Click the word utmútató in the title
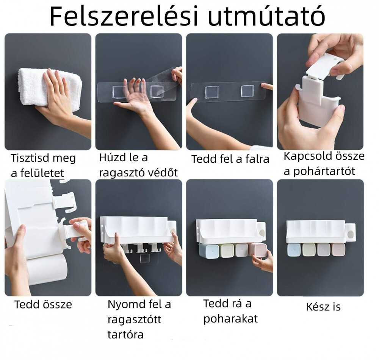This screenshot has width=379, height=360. pos(266,16)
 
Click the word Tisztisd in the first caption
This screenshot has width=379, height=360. pos(30,158)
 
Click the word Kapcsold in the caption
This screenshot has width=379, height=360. pos(305,156)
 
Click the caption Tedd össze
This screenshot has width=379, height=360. pos(43,304)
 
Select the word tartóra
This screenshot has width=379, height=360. pos(125,335)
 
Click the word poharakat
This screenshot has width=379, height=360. pos(230,319)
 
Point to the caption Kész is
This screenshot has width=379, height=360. pos(323,307)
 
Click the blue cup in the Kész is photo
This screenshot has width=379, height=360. pos(294,250)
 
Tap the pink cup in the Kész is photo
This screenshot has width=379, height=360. pos(338,250)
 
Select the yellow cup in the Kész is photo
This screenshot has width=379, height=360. pos(309,250)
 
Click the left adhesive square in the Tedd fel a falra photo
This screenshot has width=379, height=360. pos(212,92)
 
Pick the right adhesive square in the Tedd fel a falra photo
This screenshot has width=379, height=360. pos(247,91)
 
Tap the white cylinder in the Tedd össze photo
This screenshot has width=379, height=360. pos(46,269)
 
